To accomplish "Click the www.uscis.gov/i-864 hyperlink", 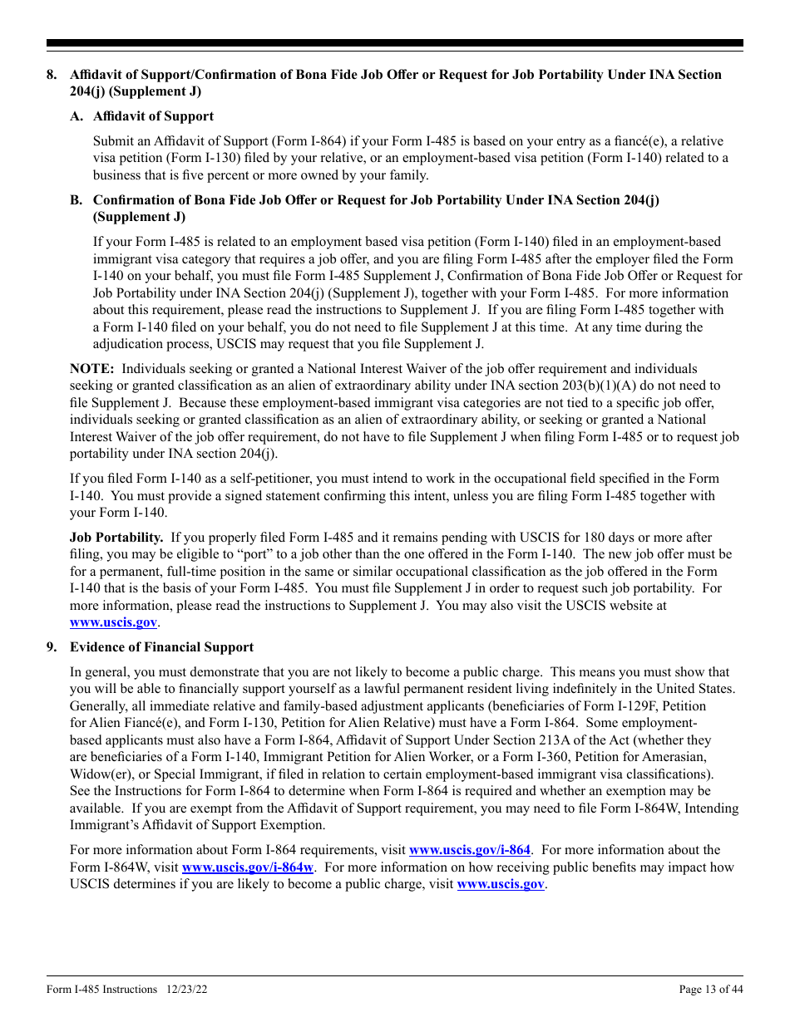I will [469, 850].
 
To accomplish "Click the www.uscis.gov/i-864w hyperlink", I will [247, 867].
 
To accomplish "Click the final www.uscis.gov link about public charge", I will [501, 884].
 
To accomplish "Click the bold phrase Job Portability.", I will [116, 538].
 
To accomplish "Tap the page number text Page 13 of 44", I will [711, 989].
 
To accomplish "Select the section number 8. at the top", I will [52, 75].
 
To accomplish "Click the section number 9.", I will [52, 647].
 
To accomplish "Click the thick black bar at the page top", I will [395, 43].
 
